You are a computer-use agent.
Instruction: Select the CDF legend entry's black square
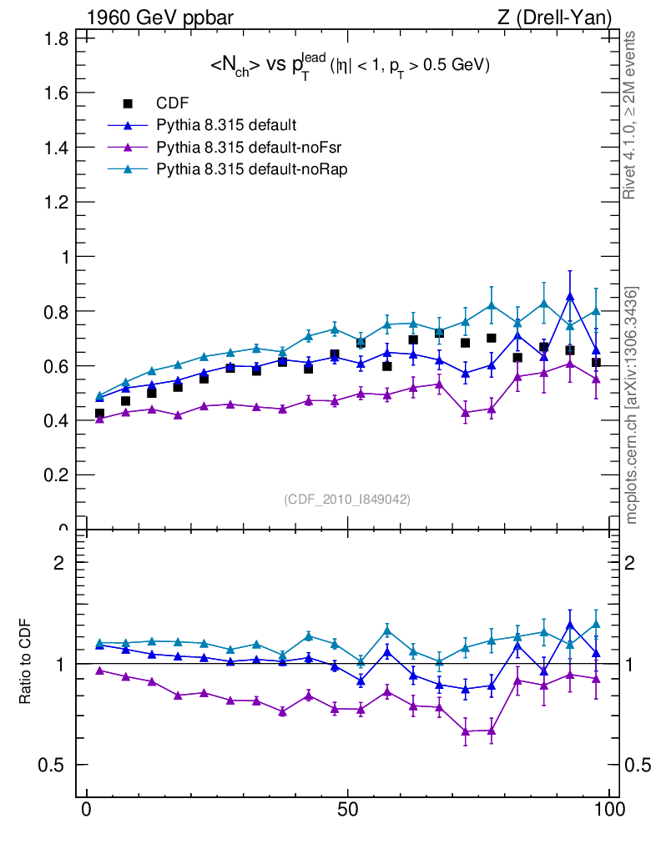point(128,104)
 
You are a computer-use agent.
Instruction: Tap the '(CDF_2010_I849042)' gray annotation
point(348,499)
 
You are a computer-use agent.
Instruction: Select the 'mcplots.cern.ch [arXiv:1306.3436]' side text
point(633,404)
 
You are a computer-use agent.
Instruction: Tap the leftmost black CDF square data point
point(99,414)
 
